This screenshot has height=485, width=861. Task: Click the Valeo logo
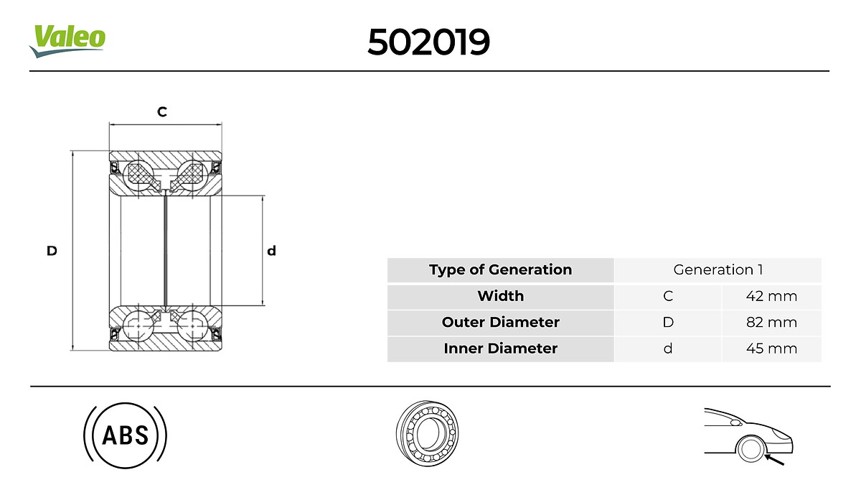click(x=67, y=40)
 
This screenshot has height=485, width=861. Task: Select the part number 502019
click(x=428, y=42)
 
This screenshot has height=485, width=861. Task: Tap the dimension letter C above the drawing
click(x=162, y=112)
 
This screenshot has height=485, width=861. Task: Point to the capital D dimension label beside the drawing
click(x=52, y=251)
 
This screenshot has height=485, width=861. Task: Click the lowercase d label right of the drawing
click(x=271, y=251)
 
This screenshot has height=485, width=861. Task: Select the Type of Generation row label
click(x=500, y=270)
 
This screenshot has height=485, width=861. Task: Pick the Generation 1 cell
click(x=717, y=270)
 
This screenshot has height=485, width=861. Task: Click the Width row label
click(x=500, y=296)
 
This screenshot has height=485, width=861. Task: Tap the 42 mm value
click(x=771, y=296)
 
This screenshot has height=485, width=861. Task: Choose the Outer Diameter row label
click(x=500, y=322)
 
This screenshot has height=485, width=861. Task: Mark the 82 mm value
click(x=771, y=322)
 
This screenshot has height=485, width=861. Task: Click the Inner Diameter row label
click(x=500, y=348)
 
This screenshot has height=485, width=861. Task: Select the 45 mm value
click(x=771, y=348)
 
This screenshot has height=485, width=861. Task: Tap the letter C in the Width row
click(x=668, y=296)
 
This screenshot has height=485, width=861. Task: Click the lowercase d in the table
click(x=668, y=348)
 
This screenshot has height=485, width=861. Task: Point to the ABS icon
click(x=126, y=435)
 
